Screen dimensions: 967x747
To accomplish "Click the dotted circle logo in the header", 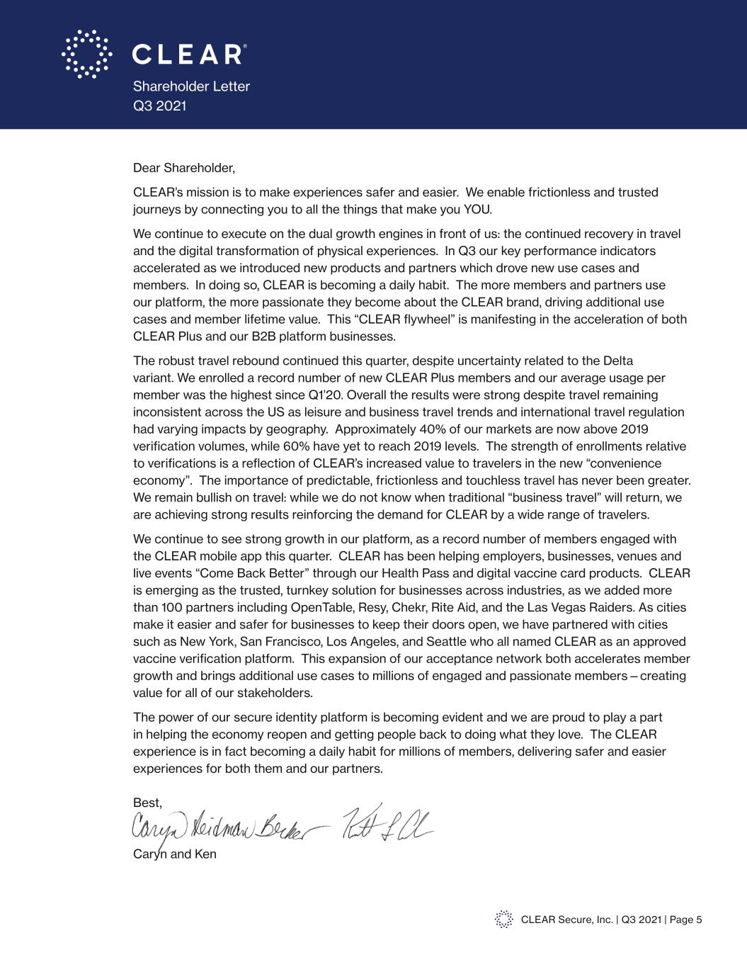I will coord(86,54).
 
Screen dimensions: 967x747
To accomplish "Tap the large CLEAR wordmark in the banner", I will coord(189,55).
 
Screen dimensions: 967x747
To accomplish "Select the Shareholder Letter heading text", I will coord(191,86).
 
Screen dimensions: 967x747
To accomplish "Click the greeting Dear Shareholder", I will coord(183,168).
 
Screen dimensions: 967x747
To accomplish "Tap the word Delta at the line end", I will coord(617,361).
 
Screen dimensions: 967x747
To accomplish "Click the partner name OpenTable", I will coord(321,608).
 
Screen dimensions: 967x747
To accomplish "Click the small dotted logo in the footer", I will coord(503,920).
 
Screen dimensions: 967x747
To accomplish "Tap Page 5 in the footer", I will coord(685,920).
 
